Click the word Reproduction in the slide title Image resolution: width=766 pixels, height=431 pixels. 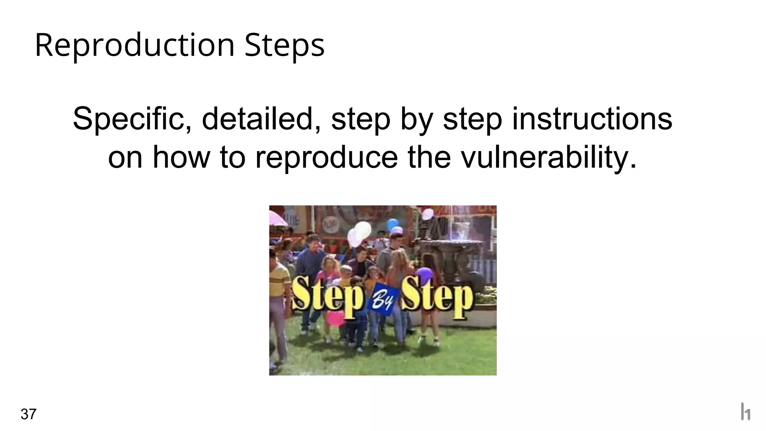(x=135, y=46)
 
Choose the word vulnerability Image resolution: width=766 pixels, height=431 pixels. (x=549, y=157)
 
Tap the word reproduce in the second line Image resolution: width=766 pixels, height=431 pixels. (x=327, y=158)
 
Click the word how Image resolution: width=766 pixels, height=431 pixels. (x=181, y=157)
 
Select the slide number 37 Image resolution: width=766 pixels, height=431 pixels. (x=28, y=414)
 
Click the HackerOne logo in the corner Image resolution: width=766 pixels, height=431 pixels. (x=745, y=412)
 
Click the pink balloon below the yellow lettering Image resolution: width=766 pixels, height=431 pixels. (x=335, y=318)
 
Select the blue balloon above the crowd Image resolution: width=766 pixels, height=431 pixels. (x=393, y=225)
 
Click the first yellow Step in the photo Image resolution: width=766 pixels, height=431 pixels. (x=328, y=298)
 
